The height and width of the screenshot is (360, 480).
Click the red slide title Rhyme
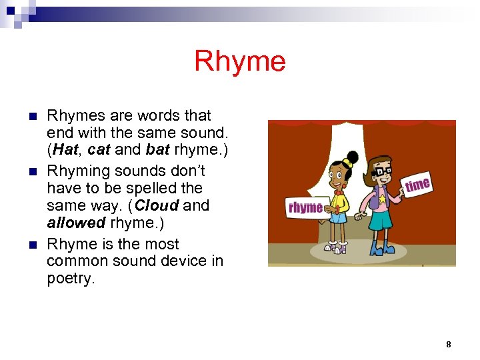click(240, 62)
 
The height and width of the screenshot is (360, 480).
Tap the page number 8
click(448, 344)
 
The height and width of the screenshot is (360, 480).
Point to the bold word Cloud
click(157, 205)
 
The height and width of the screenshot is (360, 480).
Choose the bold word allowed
click(76, 223)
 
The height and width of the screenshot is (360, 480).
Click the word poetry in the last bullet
click(71, 278)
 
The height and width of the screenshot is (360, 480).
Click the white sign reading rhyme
click(306, 207)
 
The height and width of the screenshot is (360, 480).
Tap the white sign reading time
click(417, 185)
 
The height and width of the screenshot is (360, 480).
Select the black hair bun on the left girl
click(353, 158)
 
